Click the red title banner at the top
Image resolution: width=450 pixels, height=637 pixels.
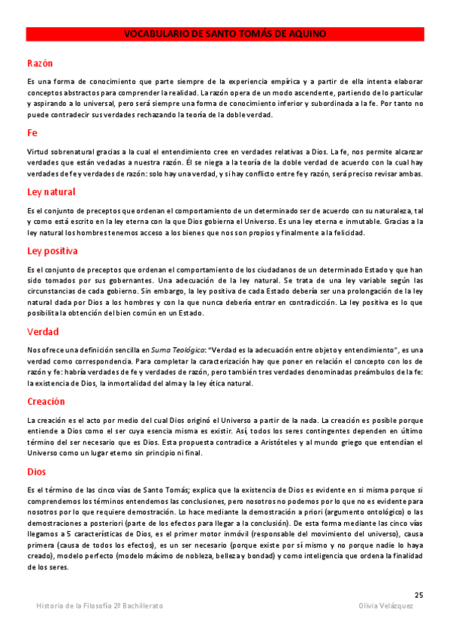[x=225, y=34]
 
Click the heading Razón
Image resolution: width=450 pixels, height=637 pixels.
[x=39, y=63]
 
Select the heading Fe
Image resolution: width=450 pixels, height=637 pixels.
[x=32, y=133]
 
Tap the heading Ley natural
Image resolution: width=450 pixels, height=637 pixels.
[x=50, y=192]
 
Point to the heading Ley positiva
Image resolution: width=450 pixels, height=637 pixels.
[x=52, y=250]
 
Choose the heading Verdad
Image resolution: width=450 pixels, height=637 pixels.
[x=42, y=331]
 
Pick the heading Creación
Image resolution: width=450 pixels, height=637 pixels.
[x=46, y=401]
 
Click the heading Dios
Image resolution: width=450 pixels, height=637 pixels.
[x=36, y=471]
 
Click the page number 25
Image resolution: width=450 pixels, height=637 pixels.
[x=418, y=594]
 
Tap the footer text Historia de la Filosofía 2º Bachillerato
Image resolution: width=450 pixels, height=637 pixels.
[x=99, y=605]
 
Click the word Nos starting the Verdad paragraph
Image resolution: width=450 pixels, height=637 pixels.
[x=32, y=349]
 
